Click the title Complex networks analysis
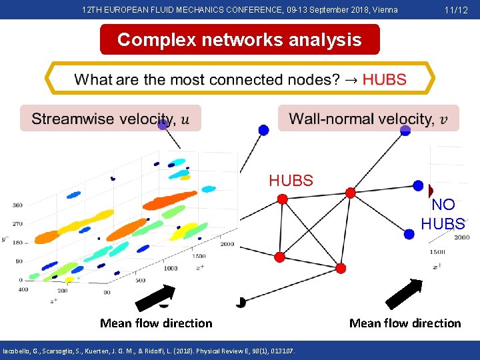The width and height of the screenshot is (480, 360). point(239,39)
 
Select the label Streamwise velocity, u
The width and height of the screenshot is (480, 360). point(110,119)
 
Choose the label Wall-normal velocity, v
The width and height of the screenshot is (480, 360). point(368,119)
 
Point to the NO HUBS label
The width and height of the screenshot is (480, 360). point(443,215)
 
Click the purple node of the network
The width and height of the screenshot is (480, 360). point(163,124)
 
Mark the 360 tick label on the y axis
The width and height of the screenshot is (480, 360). point(17,205)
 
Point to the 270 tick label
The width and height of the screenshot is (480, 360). point(17,225)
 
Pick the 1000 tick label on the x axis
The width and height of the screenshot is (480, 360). point(170,268)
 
